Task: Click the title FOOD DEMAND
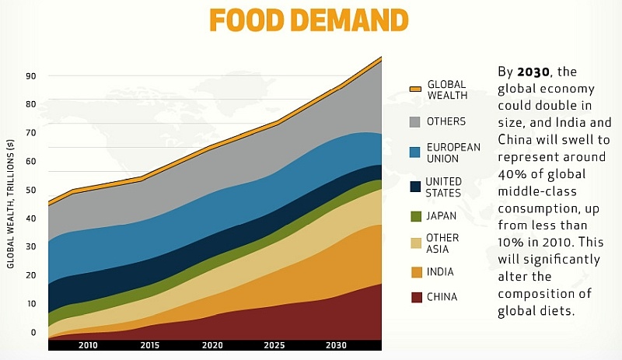309,19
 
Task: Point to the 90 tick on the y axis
32,75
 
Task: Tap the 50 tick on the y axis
32,190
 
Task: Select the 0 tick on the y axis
33,332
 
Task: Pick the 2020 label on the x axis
211,344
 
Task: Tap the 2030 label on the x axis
337,344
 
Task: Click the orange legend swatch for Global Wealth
415,89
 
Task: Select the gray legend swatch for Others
415,122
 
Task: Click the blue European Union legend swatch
415,152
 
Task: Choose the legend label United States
443,187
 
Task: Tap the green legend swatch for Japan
415,217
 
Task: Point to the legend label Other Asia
442,243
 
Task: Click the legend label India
439,272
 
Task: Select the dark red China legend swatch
415,297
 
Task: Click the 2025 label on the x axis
274,344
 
